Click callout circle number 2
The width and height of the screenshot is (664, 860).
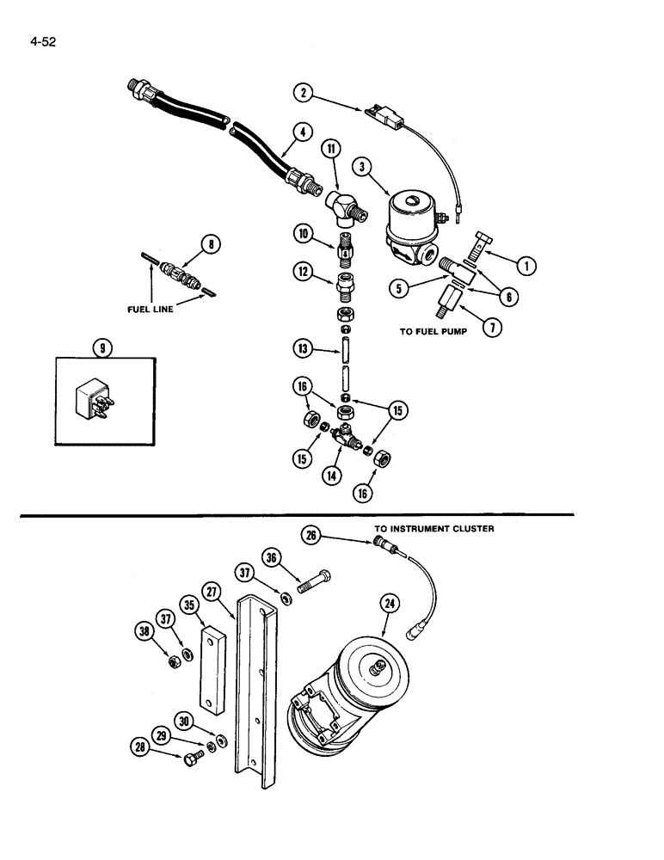click(x=301, y=92)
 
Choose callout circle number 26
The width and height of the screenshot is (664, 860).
click(x=311, y=536)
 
